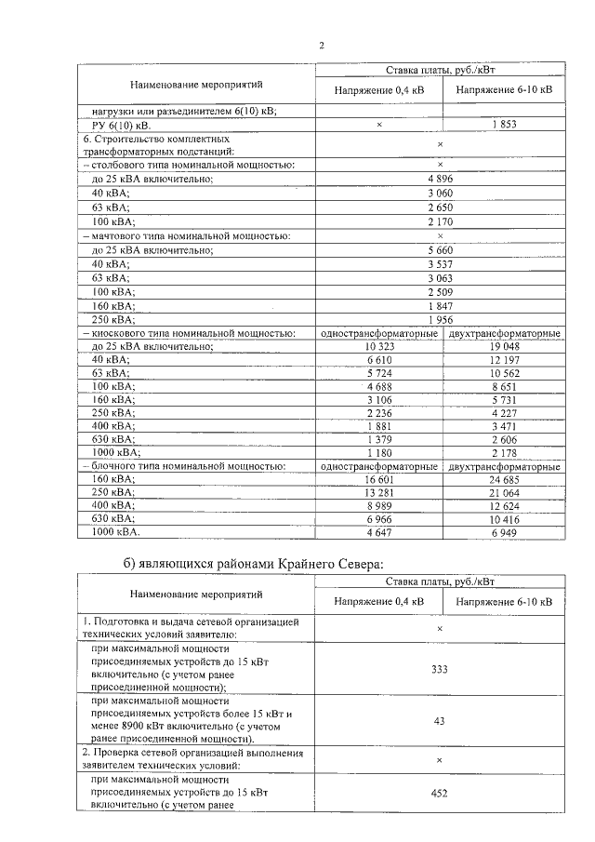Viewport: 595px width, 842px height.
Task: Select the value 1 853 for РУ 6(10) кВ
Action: pos(503,124)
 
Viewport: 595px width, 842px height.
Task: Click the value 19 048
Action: pos(503,347)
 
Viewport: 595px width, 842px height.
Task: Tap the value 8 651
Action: pos(503,386)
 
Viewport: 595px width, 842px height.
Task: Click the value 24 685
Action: pos(503,478)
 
